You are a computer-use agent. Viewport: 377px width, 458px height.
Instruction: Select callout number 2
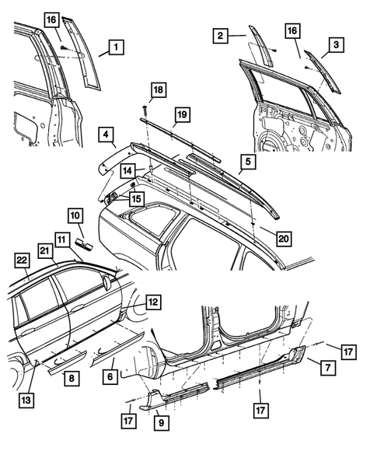[x=221, y=36]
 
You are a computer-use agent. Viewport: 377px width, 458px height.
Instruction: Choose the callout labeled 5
[x=247, y=162]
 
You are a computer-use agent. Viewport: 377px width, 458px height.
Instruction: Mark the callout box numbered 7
[x=327, y=365]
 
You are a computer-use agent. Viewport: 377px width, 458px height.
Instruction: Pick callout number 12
[x=153, y=300]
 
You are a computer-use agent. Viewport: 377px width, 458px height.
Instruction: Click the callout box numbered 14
[x=126, y=170]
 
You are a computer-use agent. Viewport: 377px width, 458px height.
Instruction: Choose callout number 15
[x=136, y=200]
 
